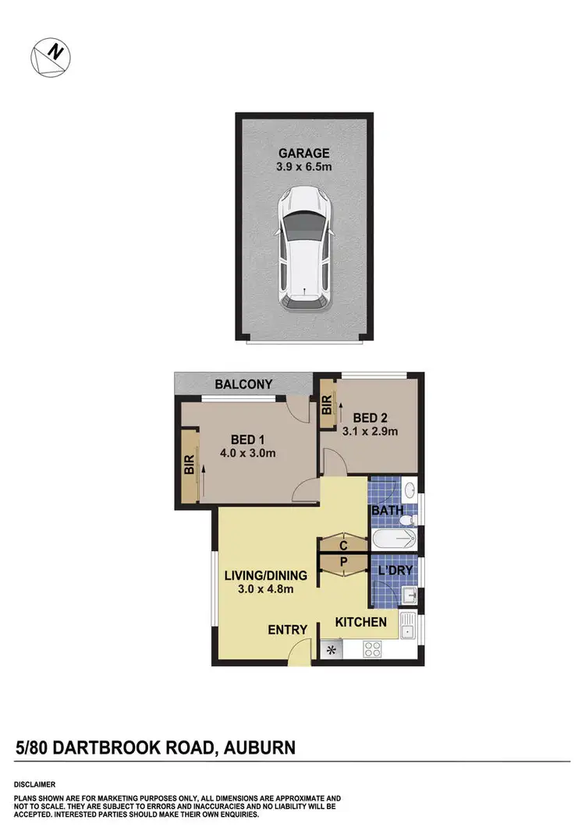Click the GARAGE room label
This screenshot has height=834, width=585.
coord(305,154)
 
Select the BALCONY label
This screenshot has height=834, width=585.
coord(243,384)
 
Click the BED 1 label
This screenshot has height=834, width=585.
coord(245,438)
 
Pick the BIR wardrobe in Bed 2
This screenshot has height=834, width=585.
coord(327,405)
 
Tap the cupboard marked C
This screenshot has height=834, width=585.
coord(343,543)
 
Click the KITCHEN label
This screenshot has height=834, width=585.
coord(361,622)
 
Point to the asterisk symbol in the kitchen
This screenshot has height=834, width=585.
coord(330,649)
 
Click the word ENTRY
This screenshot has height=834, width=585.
coord(289,630)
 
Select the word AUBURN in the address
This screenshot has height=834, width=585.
coord(260,748)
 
